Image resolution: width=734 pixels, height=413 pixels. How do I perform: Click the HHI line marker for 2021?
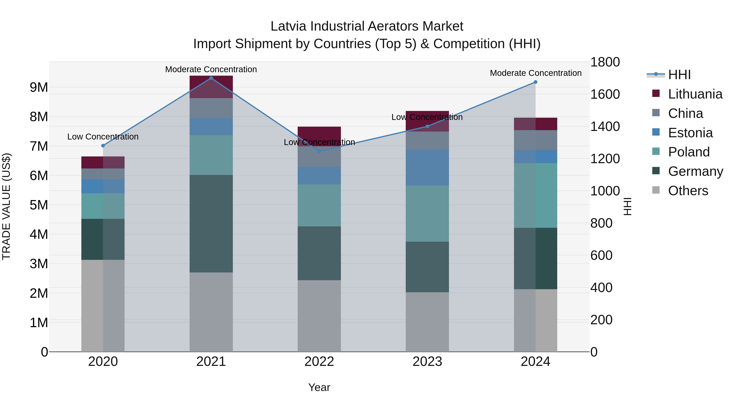pos(211,78)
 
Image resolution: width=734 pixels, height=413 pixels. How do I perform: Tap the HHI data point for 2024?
pos(535,82)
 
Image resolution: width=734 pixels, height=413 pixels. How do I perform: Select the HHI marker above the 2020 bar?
pos(103,146)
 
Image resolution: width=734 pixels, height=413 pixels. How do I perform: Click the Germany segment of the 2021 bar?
pos(211,224)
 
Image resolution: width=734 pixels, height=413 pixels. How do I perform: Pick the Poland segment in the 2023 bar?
pos(427,214)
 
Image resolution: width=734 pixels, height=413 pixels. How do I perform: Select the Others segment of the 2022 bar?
pos(319,316)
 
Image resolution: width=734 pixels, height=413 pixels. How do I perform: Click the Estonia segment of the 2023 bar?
pos(427,168)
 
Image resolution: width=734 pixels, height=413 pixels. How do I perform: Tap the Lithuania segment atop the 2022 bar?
pos(319,134)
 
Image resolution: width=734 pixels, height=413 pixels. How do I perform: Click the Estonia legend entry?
pos(690,133)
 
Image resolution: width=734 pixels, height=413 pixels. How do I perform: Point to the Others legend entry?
pos(688,191)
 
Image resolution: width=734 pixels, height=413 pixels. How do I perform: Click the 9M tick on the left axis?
pos(39,87)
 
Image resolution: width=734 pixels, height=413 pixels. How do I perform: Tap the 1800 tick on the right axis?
pos(605,62)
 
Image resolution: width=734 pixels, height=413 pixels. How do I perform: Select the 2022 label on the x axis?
pos(319,362)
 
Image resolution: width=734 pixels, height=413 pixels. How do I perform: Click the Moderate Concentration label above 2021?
pos(211,69)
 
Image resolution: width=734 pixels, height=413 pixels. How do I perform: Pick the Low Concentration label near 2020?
pos(103,137)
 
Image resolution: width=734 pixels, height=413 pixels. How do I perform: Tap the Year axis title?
pos(319,387)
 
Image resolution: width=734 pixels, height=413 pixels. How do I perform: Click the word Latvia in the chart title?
pos(288,26)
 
